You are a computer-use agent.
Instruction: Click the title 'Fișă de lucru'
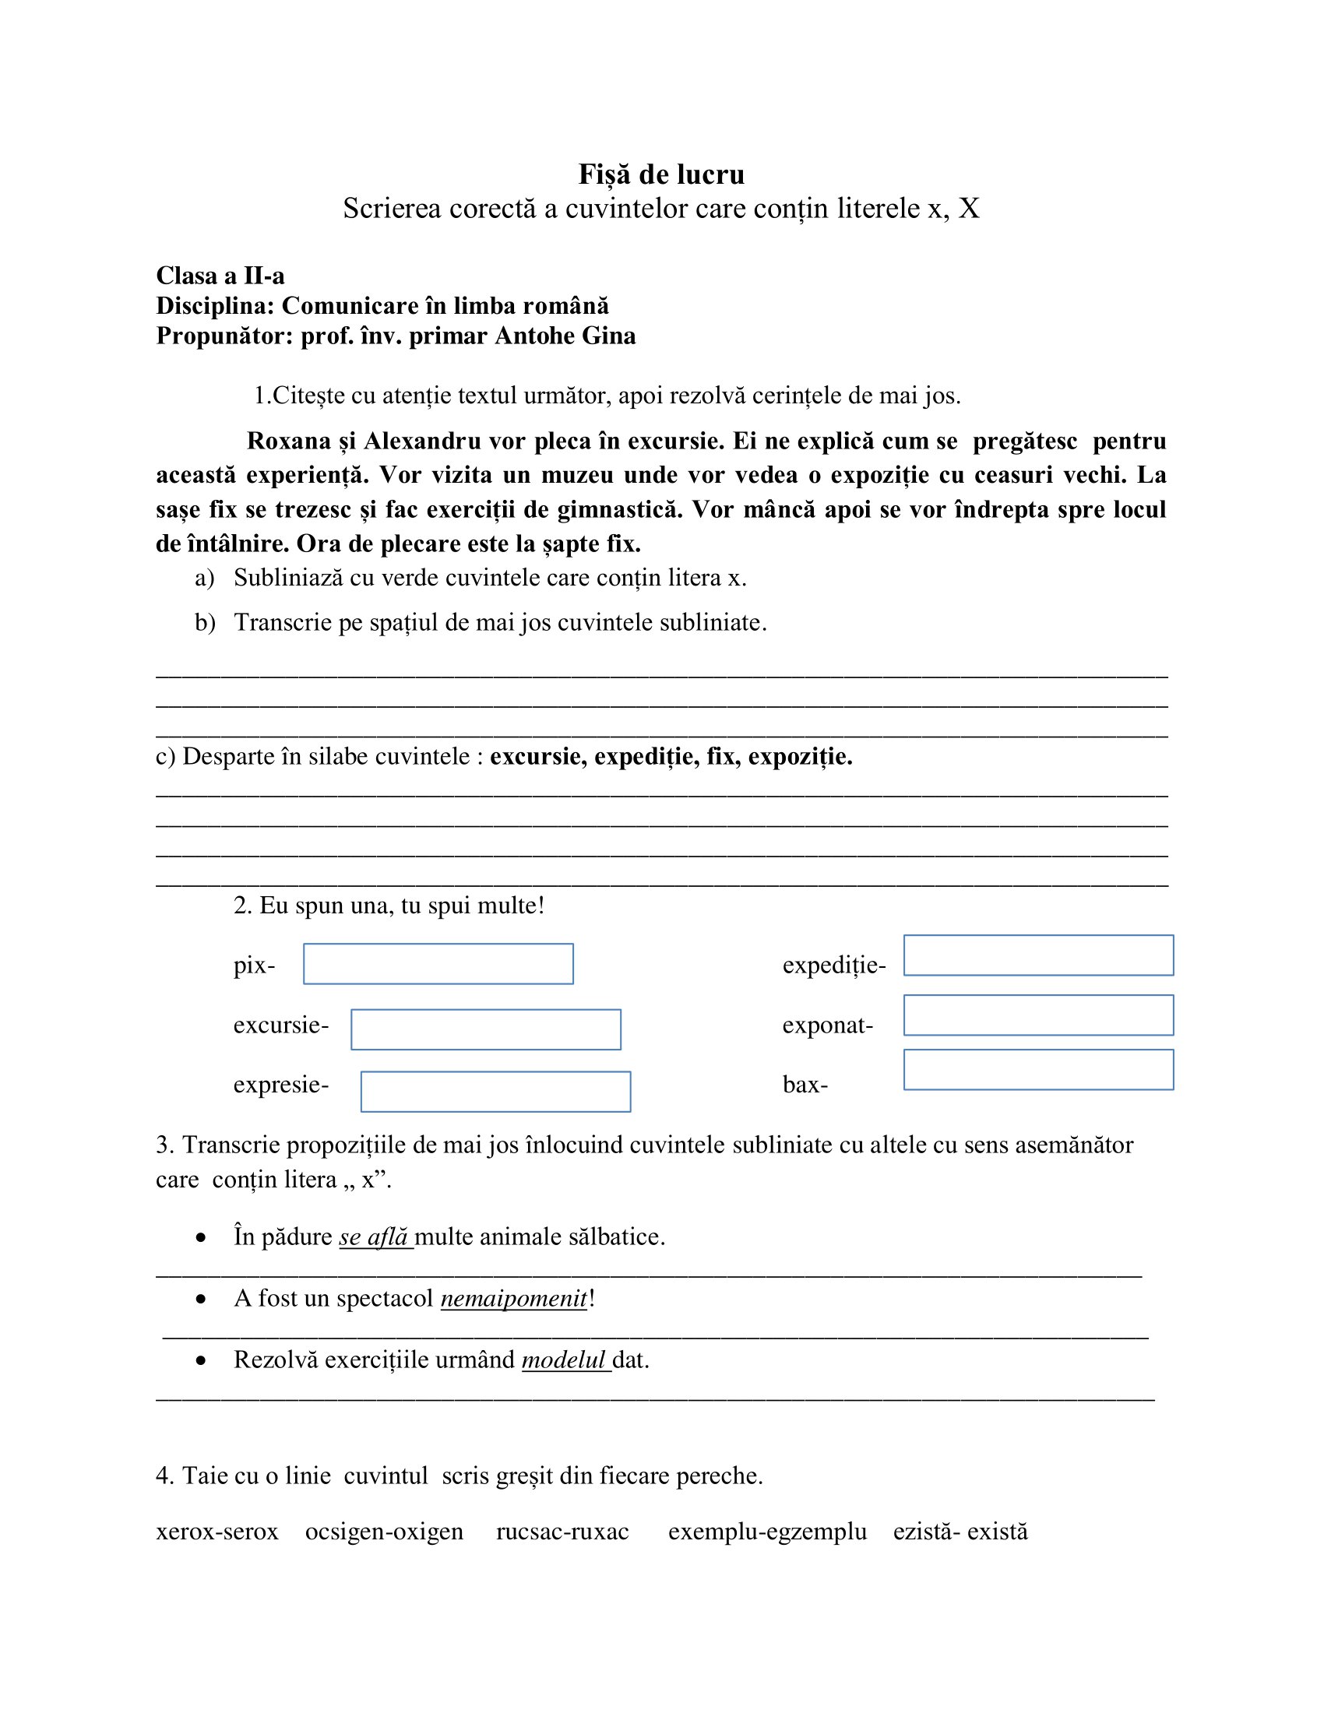[x=661, y=174]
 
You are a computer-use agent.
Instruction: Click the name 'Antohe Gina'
[x=565, y=336]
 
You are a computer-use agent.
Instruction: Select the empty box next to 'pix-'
[x=438, y=963]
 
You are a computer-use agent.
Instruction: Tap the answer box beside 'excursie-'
[x=485, y=1029]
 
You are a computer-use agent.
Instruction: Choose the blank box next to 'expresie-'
[x=495, y=1091]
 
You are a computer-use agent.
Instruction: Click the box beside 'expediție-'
[x=1037, y=955]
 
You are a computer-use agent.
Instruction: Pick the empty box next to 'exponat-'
[x=1037, y=1015]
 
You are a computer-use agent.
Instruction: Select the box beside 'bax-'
[x=1037, y=1069]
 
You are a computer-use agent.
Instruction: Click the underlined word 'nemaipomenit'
[x=514, y=1298]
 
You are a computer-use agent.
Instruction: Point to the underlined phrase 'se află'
[x=374, y=1237]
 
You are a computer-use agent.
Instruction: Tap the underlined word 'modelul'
[x=564, y=1359]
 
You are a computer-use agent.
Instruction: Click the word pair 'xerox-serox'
[x=217, y=1531]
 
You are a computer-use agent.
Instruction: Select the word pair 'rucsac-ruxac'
[x=562, y=1531]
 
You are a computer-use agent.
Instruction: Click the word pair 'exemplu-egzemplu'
[x=767, y=1531]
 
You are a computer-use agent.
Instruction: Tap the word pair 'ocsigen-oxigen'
[x=384, y=1531]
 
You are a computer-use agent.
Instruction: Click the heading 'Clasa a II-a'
[x=220, y=276]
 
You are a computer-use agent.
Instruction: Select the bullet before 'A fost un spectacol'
[x=202, y=1300]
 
